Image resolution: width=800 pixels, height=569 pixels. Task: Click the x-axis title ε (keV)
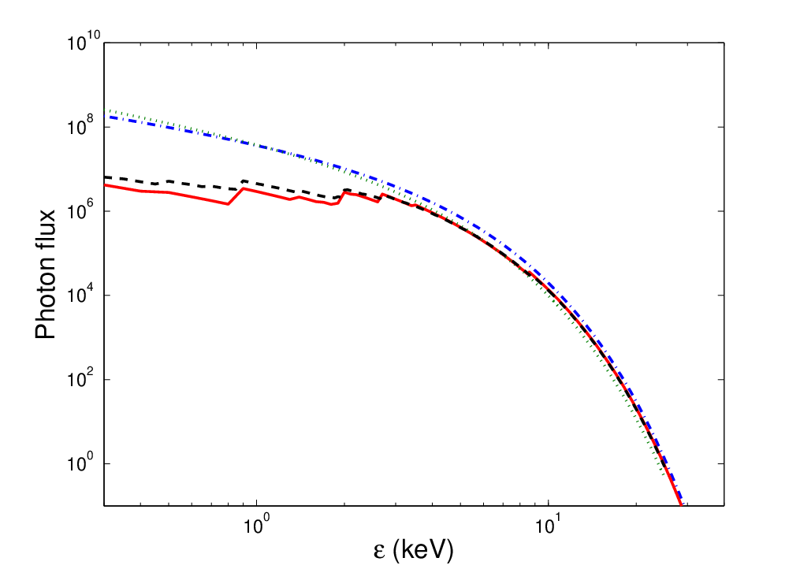tap(413, 550)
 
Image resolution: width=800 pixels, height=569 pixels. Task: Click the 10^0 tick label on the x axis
tap(256, 524)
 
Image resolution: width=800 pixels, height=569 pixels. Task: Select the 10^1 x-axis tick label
tap(548, 524)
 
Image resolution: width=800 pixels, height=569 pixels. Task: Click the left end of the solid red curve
tap(105, 184)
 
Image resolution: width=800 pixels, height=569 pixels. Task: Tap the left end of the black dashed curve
tap(105, 177)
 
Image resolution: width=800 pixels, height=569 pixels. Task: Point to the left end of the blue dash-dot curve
tap(105, 117)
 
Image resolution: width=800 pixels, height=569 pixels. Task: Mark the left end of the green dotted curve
tap(105, 110)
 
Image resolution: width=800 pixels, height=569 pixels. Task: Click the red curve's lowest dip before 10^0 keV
tap(228, 204)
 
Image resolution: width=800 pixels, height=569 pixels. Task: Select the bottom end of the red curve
tap(681, 505)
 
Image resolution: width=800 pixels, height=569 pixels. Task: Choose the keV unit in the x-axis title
tap(422, 550)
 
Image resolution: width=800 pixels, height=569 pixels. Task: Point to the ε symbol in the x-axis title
tap(379, 552)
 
